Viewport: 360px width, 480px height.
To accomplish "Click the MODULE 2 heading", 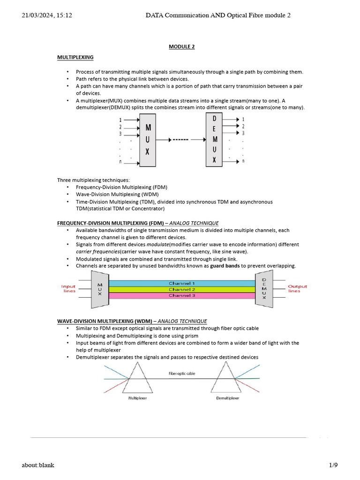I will point(181,46).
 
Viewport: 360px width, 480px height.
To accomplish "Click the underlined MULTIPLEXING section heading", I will point(75,57).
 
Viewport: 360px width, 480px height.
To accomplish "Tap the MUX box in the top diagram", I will point(148,139).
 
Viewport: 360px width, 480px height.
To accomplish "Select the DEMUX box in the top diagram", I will point(214,139).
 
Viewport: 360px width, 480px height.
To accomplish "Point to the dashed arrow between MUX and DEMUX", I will point(181,140).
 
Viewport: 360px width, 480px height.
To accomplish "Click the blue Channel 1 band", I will point(181,283).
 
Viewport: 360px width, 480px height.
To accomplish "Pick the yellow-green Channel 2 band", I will point(181,289).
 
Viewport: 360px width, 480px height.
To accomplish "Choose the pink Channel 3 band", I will point(181,295).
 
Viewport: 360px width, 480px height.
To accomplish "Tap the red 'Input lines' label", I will point(69,288).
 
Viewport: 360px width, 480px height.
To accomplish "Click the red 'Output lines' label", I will point(297,288).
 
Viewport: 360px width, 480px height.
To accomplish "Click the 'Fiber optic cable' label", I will point(182,374).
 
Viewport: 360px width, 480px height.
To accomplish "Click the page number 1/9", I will point(333,465).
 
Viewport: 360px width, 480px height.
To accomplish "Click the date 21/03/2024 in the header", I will point(37,15).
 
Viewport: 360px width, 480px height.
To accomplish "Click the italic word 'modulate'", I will point(157,244).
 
